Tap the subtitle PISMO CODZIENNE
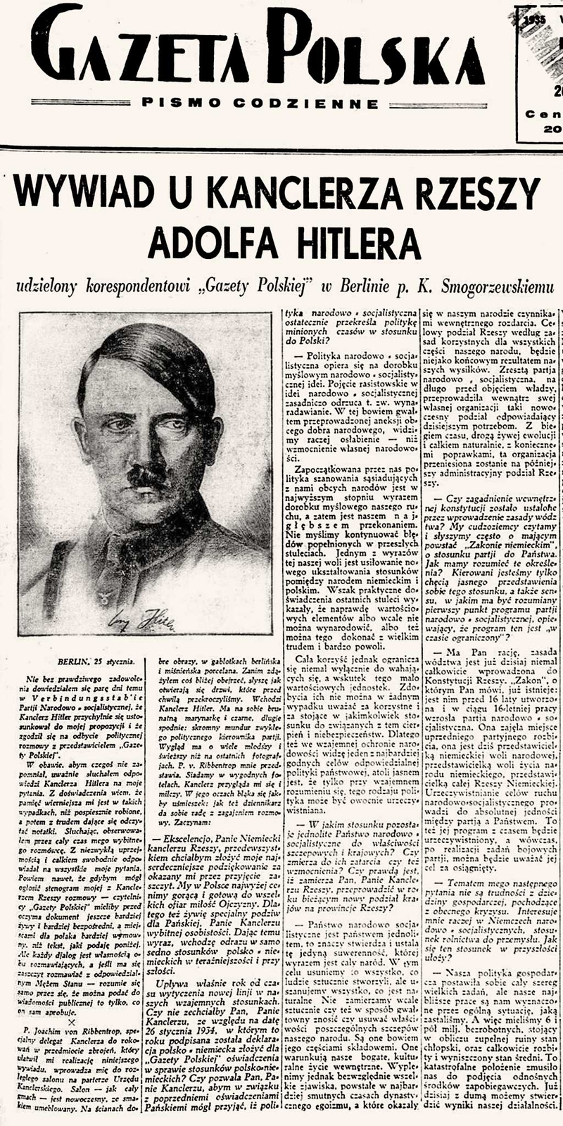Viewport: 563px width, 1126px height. coord(260,103)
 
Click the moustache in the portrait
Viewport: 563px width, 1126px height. coord(147,478)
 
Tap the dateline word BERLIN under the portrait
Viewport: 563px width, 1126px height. coord(75,661)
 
